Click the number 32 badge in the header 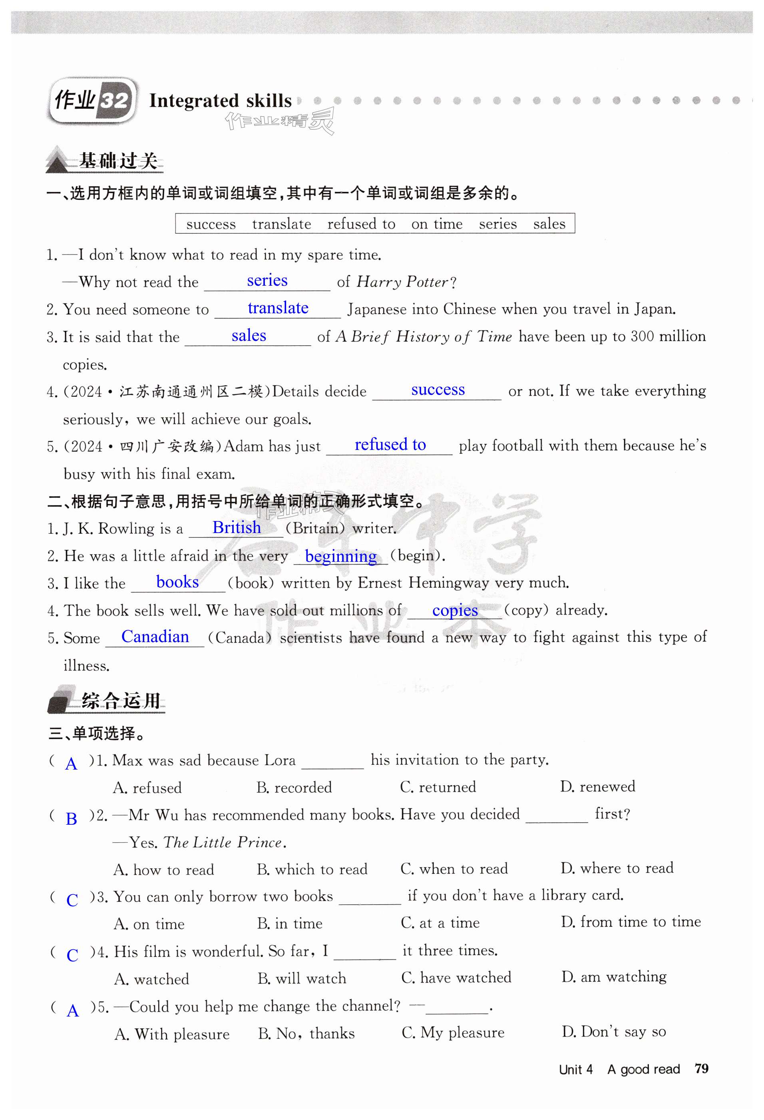(x=114, y=100)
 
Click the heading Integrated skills (x=220, y=101)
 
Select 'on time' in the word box (x=437, y=224)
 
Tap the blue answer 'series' (x=267, y=280)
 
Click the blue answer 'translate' (x=278, y=308)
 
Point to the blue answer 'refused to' (x=390, y=444)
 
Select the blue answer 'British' (x=236, y=527)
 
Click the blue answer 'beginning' (x=341, y=556)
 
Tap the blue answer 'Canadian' (x=155, y=637)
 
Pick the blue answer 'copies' (x=455, y=610)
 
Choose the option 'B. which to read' (x=312, y=869)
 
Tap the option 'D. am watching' (x=614, y=977)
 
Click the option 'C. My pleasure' (x=453, y=1032)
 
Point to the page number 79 (x=701, y=1069)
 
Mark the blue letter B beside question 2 (x=72, y=819)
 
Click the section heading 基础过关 (x=118, y=161)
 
